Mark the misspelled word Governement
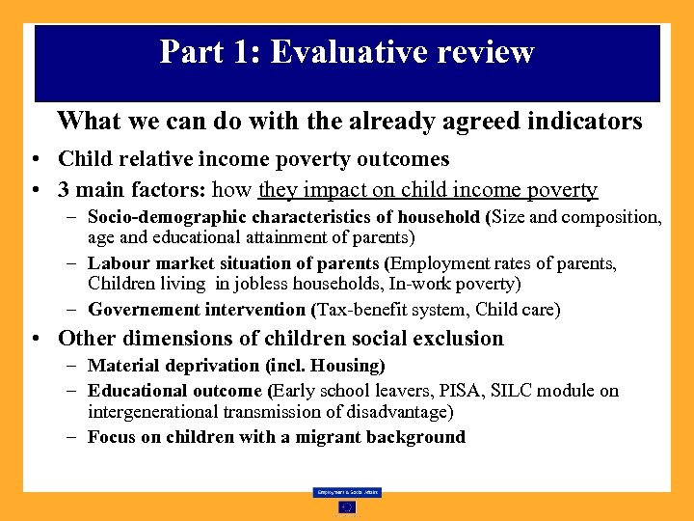[x=144, y=310]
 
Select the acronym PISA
[x=457, y=391]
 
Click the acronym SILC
[x=510, y=391]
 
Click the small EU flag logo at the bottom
[x=347, y=507]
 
